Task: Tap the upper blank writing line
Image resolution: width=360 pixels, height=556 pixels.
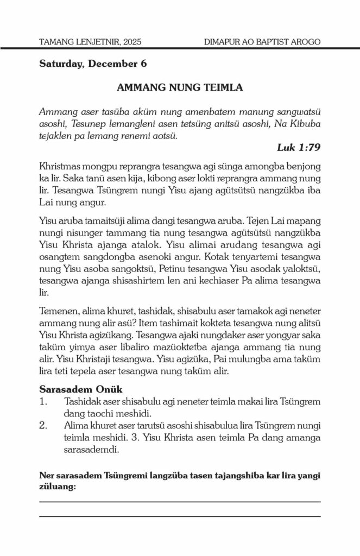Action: [x=180, y=502]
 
